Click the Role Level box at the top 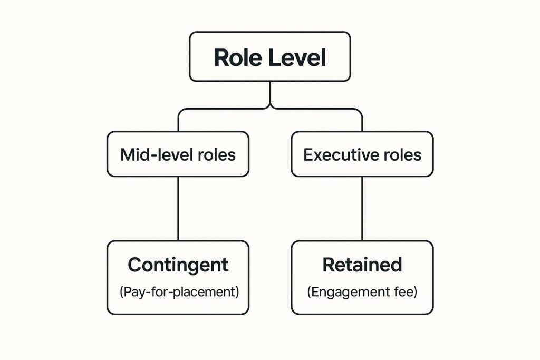click(x=269, y=56)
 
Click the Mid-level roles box click(x=178, y=154)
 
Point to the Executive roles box click(x=362, y=154)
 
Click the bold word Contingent click(x=178, y=265)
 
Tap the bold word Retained click(x=362, y=265)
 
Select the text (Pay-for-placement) click(x=178, y=291)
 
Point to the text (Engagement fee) click(x=362, y=291)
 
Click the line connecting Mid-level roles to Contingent click(x=178, y=208)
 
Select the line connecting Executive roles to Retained click(x=362, y=208)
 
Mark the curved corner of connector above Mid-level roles click(x=181, y=111)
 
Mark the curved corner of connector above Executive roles click(x=359, y=111)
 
